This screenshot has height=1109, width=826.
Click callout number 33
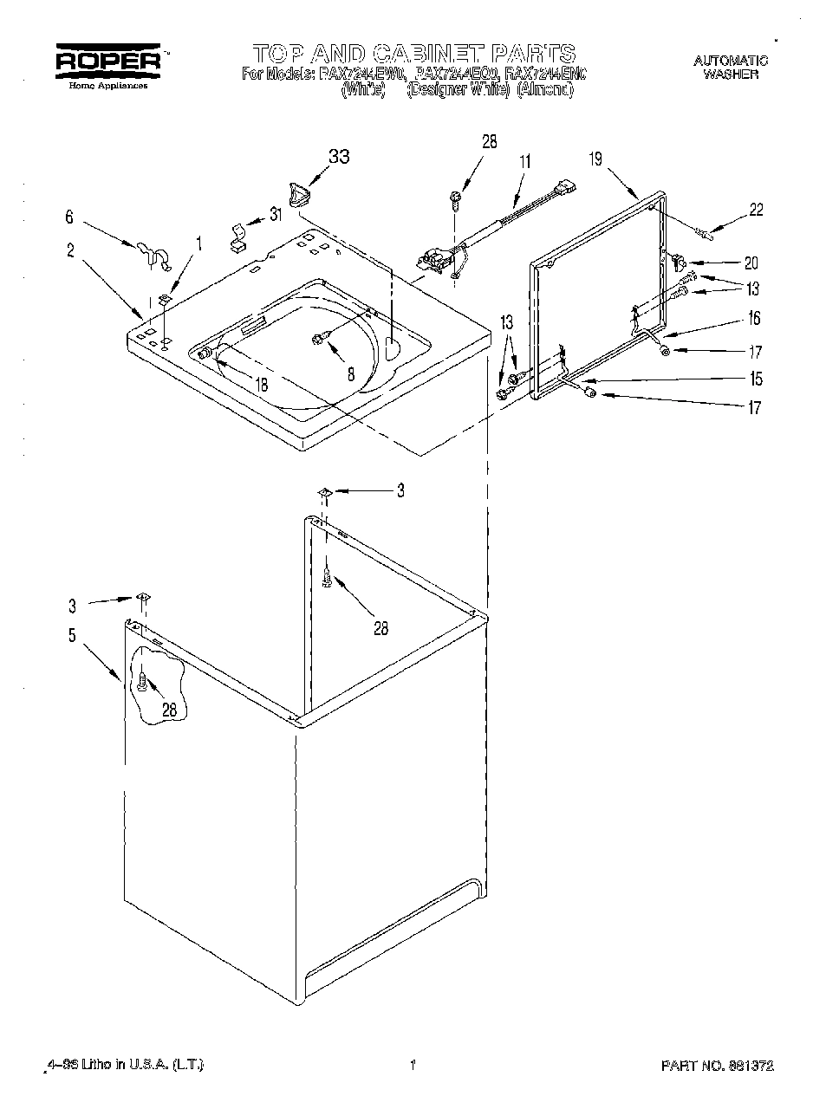click(339, 158)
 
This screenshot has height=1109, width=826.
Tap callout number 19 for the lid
click(595, 159)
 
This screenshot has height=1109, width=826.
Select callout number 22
click(756, 210)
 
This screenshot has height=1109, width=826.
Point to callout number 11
click(525, 160)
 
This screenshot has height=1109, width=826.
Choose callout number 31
click(276, 215)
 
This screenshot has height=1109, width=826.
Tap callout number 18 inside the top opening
click(261, 385)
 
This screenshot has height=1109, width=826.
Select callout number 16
click(754, 319)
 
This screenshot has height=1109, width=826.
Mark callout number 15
click(757, 379)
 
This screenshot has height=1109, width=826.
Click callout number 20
click(751, 263)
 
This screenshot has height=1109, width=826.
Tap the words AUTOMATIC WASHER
click(731, 67)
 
